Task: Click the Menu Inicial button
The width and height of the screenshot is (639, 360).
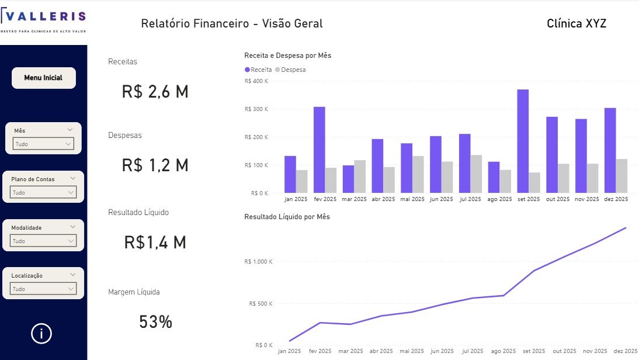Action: tap(43, 78)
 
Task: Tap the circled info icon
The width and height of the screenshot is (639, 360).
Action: tap(41, 334)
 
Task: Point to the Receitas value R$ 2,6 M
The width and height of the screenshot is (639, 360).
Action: tap(155, 92)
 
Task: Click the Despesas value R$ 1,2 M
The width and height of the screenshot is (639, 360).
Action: tap(155, 165)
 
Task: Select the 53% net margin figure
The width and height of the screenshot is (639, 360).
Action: tap(155, 321)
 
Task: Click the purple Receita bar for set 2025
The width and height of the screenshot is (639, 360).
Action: tap(523, 141)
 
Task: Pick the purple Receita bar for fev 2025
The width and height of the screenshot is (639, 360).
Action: tap(319, 150)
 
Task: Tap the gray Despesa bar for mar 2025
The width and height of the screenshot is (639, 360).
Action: tap(360, 176)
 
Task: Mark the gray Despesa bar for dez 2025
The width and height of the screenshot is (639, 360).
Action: tap(621, 176)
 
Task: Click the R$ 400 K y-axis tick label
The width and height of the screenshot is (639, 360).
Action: tap(256, 81)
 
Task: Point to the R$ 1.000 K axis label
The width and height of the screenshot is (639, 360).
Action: tap(258, 261)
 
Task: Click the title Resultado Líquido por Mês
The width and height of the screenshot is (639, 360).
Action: tap(287, 217)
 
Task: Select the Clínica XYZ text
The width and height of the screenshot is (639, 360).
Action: tap(576, 23)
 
